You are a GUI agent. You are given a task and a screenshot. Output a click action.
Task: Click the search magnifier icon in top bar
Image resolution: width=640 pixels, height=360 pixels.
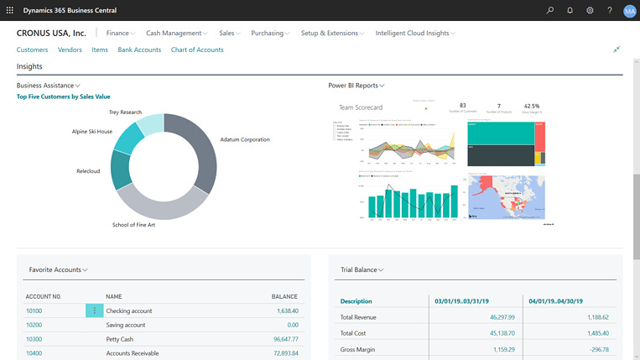550,10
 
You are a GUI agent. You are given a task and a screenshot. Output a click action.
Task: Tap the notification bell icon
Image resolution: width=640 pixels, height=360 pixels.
570,10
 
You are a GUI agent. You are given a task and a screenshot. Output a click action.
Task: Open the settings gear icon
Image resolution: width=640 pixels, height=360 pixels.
591,10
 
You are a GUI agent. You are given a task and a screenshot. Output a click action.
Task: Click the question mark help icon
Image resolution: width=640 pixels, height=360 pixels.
610,10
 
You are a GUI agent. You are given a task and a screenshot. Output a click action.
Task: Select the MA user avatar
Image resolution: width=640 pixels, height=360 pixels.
629,11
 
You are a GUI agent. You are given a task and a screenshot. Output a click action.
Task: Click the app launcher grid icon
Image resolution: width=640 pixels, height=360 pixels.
8,10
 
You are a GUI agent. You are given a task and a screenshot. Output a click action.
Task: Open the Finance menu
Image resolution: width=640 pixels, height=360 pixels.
121,34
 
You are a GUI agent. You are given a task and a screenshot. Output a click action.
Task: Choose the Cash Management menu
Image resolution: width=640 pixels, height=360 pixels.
177,34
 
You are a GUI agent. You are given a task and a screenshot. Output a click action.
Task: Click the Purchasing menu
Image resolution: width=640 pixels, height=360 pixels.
270,34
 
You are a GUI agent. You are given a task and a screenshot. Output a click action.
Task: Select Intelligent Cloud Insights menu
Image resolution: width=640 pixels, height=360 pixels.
415,34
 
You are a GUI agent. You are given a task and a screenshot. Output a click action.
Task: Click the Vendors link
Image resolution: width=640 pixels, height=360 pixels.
70,50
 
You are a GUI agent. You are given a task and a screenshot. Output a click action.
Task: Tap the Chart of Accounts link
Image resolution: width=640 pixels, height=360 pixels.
197,50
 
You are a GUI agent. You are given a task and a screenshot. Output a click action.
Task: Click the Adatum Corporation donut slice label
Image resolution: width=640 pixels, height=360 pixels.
245,139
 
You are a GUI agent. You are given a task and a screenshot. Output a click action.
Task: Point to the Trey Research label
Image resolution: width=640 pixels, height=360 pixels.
125,112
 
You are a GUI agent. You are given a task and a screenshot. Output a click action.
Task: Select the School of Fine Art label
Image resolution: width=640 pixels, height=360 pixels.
138,225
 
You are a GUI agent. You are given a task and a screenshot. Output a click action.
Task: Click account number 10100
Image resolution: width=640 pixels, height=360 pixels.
34,310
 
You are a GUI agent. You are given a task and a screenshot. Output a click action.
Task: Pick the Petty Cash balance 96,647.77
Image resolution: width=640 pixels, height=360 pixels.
281,339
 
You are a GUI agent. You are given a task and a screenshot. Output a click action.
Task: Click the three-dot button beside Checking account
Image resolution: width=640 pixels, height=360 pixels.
94,310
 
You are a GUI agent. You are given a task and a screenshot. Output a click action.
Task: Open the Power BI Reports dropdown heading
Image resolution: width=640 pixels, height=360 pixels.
356,86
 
